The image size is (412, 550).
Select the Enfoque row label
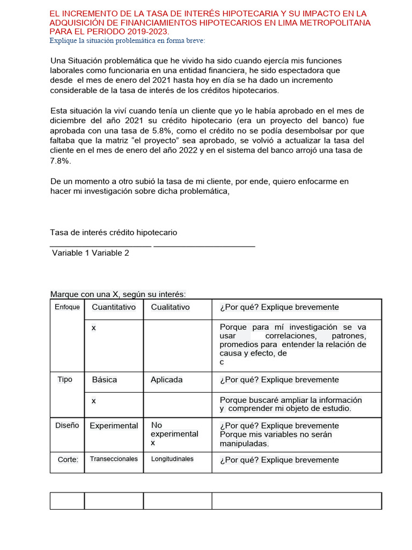pos(67,307)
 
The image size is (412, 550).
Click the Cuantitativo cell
pos(114,307)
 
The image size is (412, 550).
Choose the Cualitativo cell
pos(170,307)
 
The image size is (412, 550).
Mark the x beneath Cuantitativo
pos(94,328)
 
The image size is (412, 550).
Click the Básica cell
pos(104,380)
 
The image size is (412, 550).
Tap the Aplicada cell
pos(166,380)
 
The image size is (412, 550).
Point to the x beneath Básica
pos(94,401)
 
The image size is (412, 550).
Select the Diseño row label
pos(67,425)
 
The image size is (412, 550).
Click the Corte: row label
pos(68,460)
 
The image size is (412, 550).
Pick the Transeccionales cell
pos(114,459)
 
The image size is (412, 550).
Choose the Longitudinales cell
pos(172,459)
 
